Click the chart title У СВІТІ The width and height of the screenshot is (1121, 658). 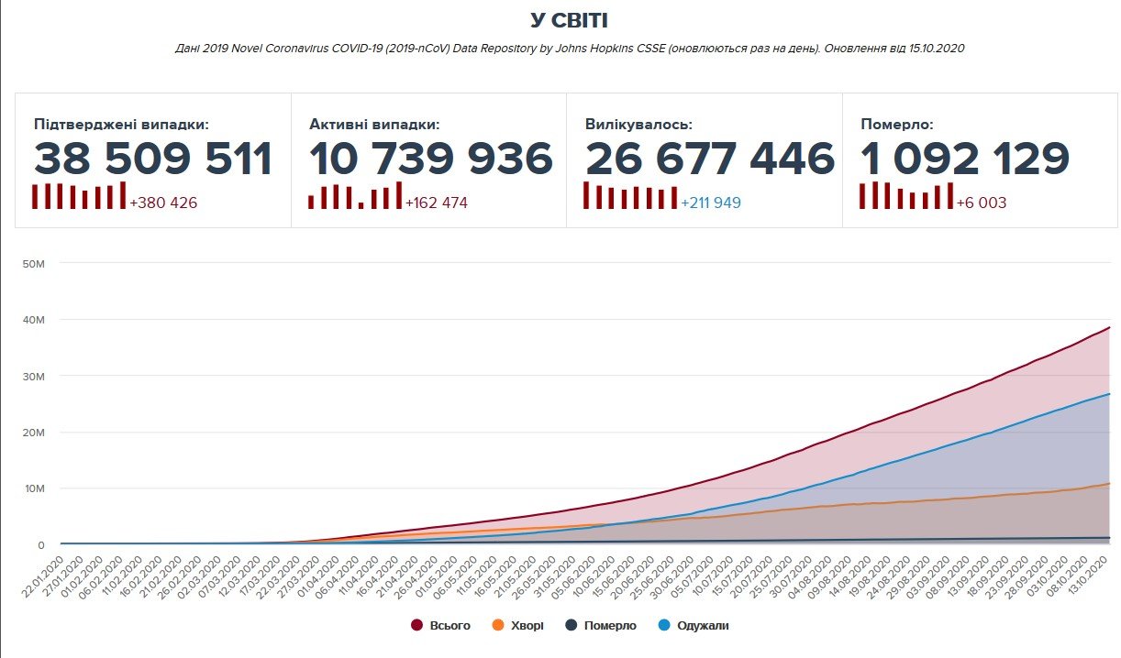[569, 20]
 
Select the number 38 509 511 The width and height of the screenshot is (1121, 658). [153, 159]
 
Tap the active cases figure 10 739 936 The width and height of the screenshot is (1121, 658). [431, 159]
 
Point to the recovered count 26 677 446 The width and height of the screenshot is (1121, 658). [710, 159]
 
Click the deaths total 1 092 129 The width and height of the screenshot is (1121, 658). [965, 159]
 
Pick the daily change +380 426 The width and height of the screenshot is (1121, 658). [163, 203]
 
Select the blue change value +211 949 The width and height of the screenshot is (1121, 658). [710, 203]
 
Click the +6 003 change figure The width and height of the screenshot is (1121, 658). [981, 203]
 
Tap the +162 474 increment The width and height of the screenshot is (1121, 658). [437, 203]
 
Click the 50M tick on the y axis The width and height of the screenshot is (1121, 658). [33, 264]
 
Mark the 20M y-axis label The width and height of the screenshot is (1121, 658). [33, 433]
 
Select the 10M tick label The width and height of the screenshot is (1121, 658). [33, 488]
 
